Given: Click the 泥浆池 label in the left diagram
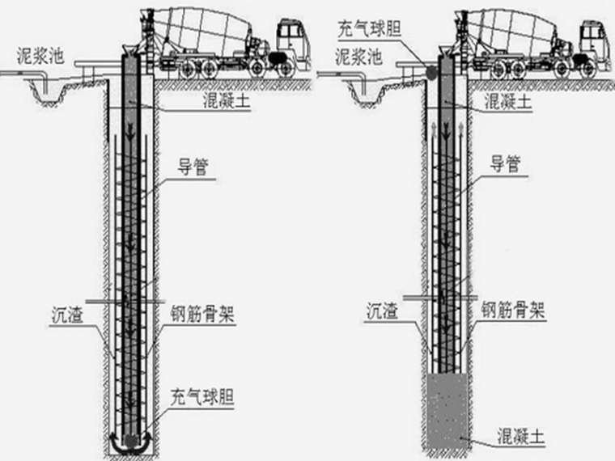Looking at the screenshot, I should click(42, 57).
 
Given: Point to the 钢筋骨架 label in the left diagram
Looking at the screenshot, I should click(203, 312).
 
